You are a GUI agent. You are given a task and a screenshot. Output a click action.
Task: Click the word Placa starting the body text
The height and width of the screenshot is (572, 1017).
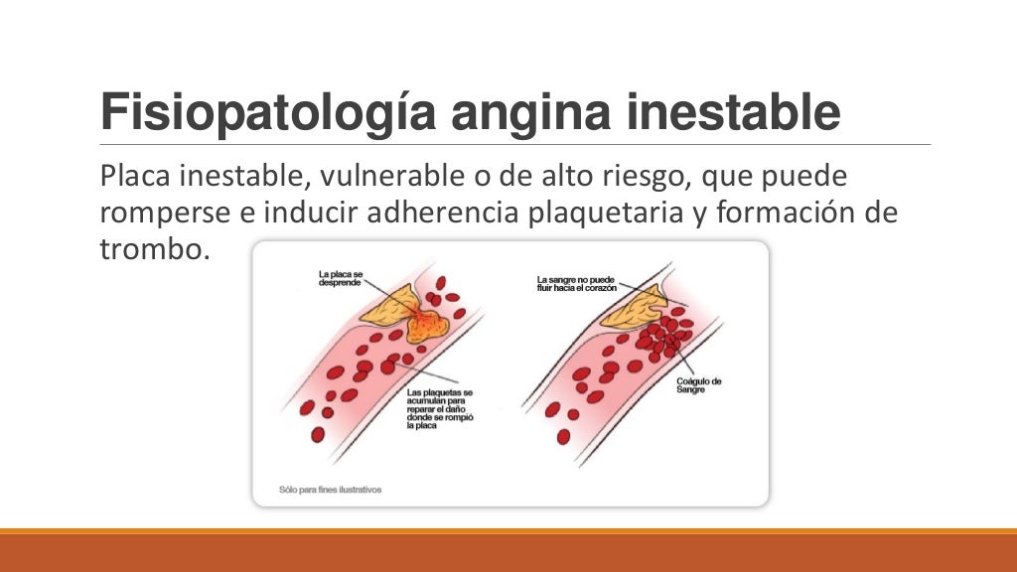(x=134, y=177)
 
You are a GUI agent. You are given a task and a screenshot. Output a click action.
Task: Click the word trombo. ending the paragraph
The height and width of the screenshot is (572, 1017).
(x=154, y=247)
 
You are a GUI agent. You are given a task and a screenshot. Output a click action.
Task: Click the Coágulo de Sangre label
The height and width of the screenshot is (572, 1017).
(x=701, y=386)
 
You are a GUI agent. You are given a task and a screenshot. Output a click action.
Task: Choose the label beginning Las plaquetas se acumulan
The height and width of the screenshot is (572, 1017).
(x=440, y=408)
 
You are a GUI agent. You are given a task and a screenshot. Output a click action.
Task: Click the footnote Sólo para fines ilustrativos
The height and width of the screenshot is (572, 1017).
(x=330, y=490)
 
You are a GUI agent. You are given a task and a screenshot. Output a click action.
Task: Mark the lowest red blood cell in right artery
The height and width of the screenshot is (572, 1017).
(x=563, y=436)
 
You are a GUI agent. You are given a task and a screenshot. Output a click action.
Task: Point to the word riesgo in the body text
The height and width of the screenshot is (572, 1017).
(x=628, y=177)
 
